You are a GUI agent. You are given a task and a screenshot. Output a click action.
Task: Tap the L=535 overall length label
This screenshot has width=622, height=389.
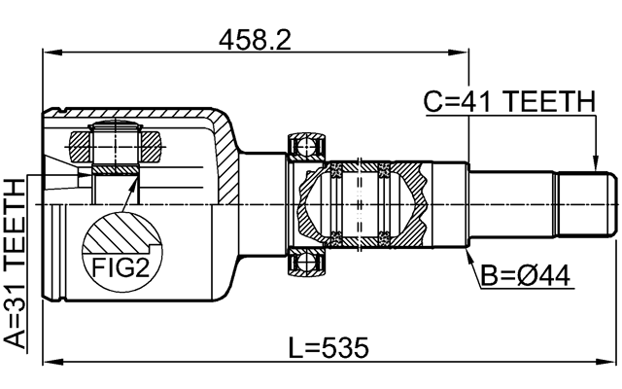click(x=329, y=347)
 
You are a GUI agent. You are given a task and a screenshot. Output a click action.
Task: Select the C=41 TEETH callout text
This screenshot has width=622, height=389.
click(x=507, y=100)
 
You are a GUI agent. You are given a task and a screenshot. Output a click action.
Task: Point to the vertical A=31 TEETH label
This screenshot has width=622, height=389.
click(x=17, y=264)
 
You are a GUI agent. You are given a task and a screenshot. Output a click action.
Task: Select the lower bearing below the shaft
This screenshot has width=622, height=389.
click(x=308, y=261)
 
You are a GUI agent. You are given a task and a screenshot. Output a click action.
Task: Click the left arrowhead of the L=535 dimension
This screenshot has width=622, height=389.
click(x=50, y=363)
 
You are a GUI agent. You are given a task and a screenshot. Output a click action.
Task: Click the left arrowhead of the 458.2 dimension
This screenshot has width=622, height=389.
click(x=50, y=53)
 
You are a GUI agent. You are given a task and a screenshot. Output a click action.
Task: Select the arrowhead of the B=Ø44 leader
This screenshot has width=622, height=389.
click(x=467, y=253)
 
